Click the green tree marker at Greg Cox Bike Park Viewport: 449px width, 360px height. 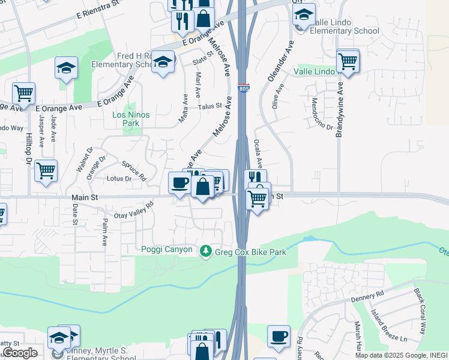pos(206,251)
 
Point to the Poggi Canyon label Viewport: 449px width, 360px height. pos(167,250)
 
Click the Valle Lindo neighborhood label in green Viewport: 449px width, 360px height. pos(314,71)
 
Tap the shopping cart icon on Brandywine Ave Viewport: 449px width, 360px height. pos(348,61)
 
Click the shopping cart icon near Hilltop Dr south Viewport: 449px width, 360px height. pos(46,171)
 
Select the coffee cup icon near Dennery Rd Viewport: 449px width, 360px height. pos(279,337)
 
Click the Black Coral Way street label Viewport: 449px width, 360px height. pos(423,311)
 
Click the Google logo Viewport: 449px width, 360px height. pos(20,353)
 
